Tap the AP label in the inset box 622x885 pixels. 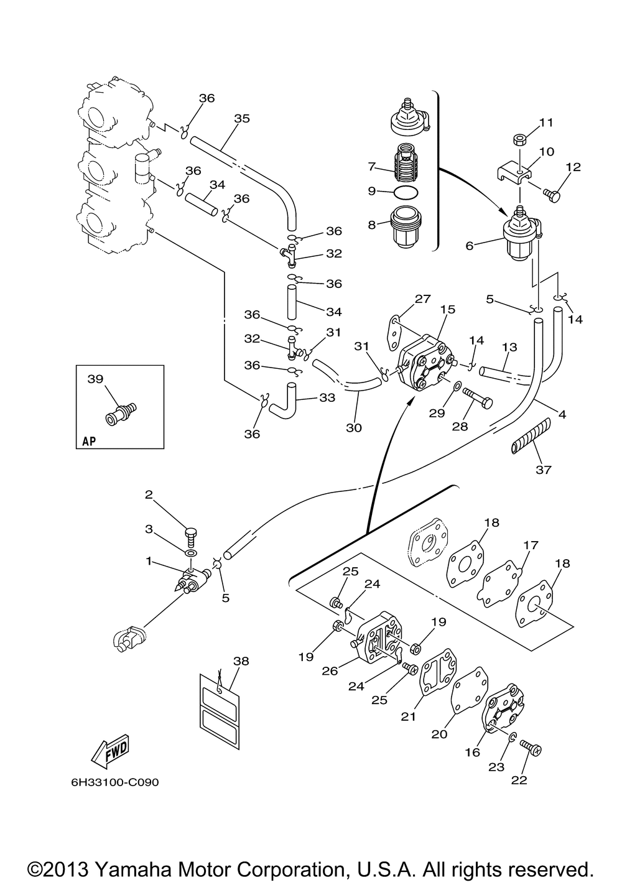[89, 442]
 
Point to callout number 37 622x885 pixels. [543, 470]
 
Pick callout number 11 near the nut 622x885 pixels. [546, 123]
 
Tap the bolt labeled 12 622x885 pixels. [551, 196]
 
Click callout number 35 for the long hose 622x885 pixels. [242, 118]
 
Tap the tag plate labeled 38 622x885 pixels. [218, 703]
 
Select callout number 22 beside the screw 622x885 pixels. [519, 780]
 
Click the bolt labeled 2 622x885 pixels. [191, 534]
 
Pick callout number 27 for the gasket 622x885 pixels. [422, 299]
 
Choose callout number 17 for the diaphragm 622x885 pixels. [530, 545]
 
